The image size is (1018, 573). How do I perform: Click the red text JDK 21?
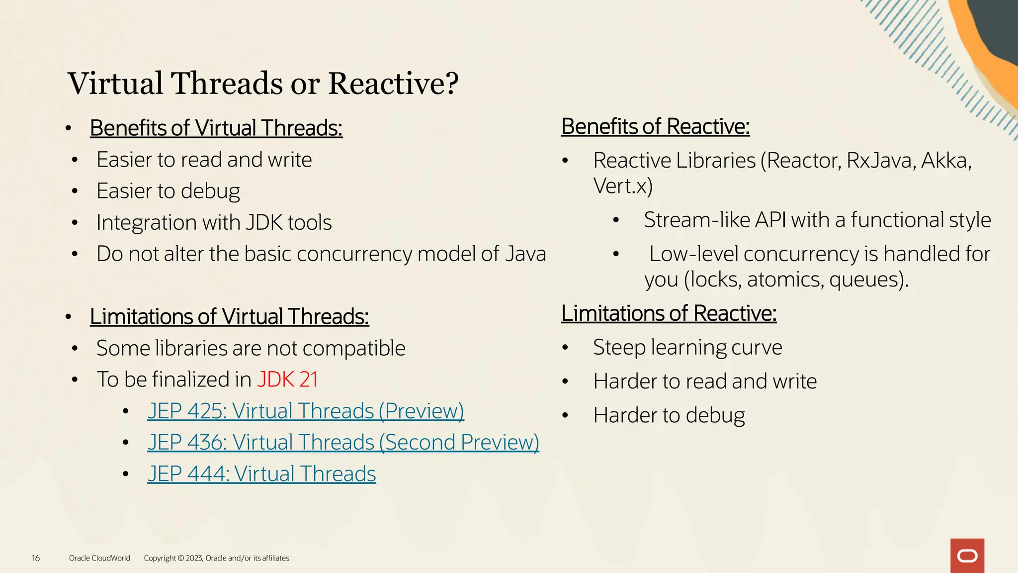[287, 380]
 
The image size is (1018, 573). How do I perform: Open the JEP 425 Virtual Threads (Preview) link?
[305, 411]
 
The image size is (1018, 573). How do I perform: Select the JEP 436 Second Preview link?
[343, 443]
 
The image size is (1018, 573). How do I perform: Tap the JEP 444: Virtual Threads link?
[261, 474]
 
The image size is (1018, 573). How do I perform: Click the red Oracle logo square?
[967, 556]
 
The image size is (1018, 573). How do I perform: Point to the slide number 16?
[36, 558]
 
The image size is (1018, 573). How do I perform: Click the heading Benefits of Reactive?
[655, 126]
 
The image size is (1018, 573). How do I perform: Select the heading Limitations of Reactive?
[669, 313]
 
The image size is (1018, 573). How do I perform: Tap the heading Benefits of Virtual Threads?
[216, 128]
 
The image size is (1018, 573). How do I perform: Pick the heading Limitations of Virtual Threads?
[229, 316]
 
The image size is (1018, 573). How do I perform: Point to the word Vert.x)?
[622, 186]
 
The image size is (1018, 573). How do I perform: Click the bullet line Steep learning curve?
[687, 347]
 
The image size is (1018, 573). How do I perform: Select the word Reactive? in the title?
[393, 83]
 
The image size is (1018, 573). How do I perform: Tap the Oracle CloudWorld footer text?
[99, 558]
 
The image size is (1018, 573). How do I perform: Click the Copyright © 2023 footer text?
[216, 558]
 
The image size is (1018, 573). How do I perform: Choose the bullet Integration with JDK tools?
[214, 222]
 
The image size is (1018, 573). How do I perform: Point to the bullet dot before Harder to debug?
[565, 415]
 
